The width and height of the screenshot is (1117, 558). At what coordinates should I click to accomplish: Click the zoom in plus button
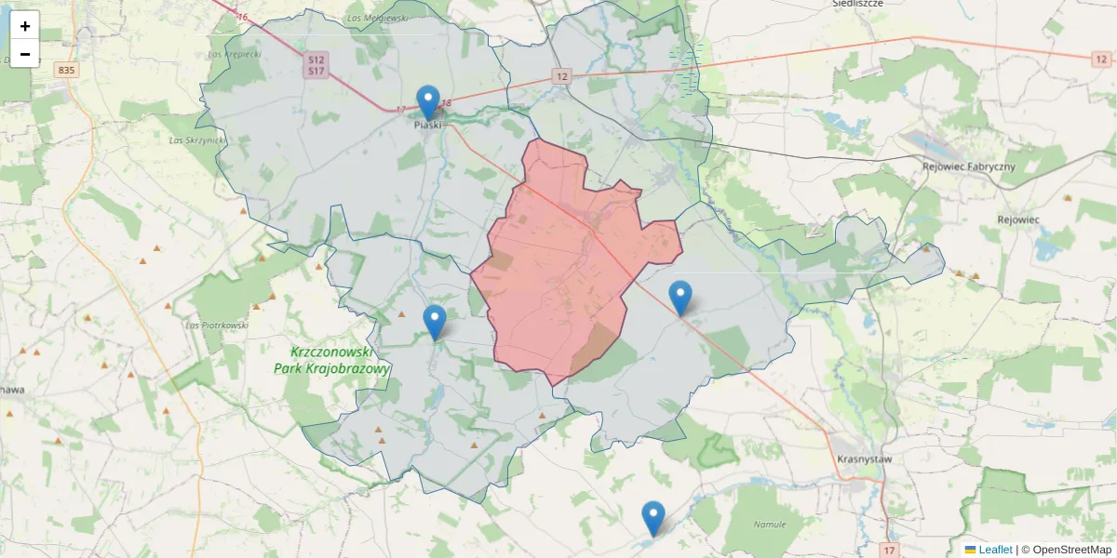25,26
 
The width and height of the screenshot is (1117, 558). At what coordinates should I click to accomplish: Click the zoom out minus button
25,54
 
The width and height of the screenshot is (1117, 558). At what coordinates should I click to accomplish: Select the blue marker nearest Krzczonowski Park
435,322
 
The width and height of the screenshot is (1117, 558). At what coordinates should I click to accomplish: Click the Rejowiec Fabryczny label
967,166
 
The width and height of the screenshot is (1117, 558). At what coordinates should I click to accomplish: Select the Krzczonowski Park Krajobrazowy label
331,361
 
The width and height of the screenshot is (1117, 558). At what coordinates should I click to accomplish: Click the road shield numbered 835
65,70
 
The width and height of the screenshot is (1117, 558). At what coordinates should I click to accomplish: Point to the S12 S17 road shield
316,65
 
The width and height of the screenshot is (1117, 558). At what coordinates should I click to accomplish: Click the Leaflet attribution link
995,550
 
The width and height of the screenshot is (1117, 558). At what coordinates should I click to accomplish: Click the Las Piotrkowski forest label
217,325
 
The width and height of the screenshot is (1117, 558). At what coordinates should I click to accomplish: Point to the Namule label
770,525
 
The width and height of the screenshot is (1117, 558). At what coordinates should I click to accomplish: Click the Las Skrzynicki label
197,140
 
